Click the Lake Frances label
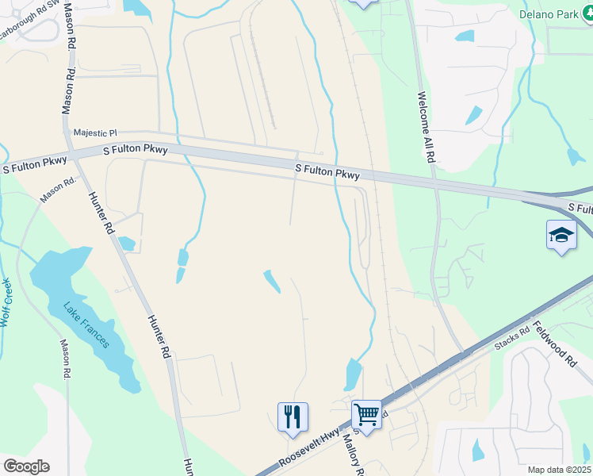pos(86,326)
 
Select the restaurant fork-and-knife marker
pos(293,415)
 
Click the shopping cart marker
pos(366,413)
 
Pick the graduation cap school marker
pos(560,235)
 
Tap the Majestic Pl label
pos(94,133)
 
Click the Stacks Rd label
pos(511,339)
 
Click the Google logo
pos(26,466)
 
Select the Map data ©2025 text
pos(559,470)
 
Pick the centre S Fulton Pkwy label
pos(327,171)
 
